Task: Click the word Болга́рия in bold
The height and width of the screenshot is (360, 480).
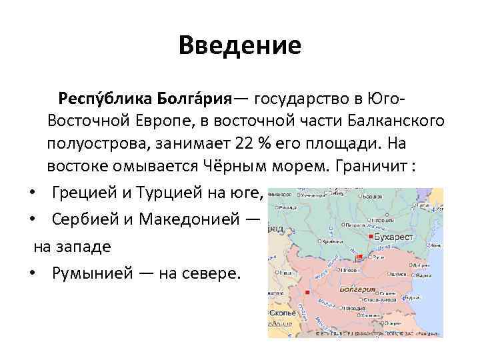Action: coord(194,100)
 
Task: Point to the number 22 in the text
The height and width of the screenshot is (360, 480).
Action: coord(243,144)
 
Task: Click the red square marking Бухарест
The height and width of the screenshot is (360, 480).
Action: coord(371,237)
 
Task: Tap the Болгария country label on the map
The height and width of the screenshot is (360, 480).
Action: coord(359,290)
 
